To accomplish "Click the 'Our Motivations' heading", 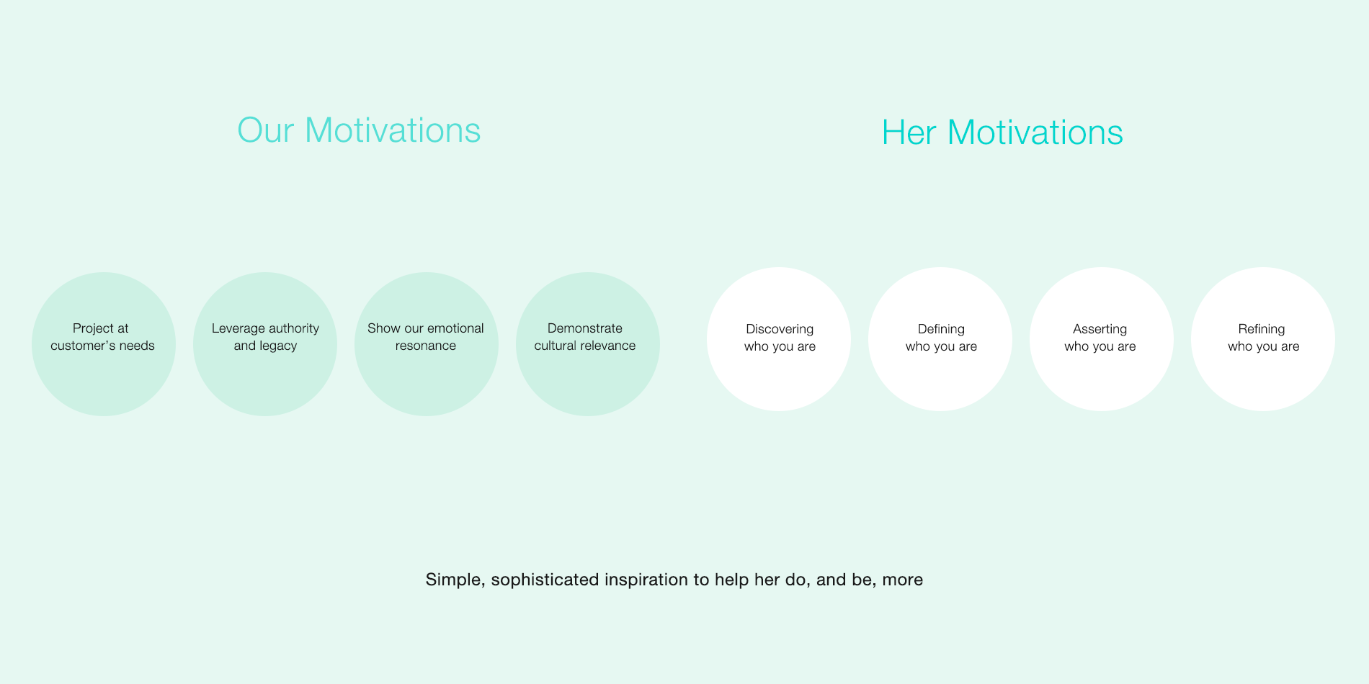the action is pos(359,130).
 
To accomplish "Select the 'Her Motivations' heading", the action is pos(1002,132).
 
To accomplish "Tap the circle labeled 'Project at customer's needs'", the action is pos(104,344).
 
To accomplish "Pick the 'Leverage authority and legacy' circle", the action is pos(265,344).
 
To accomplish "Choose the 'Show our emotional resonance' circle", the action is pos(427,344).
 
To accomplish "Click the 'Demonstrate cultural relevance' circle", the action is pos(588,344).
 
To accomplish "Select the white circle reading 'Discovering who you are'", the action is pos(779,339).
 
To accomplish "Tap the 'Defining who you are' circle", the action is pos(940,339).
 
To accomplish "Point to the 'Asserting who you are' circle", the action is pos(1102,339).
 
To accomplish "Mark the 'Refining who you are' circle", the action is pos(1263,339).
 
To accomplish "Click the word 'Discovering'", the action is pos(780,330).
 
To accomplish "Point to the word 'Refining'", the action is pos(1262,330).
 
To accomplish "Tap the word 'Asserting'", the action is pos(1100,330).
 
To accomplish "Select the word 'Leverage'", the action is pos(238,329).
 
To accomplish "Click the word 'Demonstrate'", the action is pos(585,328).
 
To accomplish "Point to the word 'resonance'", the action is pos(426,346).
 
